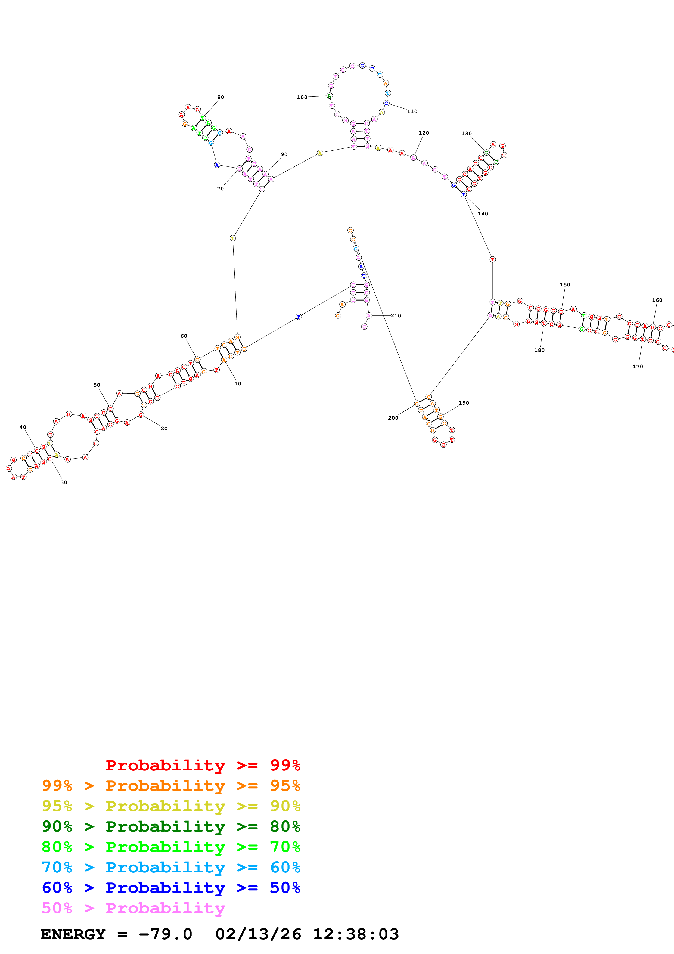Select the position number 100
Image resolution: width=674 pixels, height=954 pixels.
[302, 97]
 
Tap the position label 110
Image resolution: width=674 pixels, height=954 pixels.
[412, 111]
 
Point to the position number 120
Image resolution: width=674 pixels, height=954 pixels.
[424, 133]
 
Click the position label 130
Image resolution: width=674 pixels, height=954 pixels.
[466, 133]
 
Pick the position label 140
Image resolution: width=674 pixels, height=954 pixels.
[483, 213]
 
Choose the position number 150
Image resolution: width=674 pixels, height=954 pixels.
[565, 285]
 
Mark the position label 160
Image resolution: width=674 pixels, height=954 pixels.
[657, 300]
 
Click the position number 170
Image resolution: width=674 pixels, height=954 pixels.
[638, 367]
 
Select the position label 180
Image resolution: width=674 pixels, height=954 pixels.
[539, 350]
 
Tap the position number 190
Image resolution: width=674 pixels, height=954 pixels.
[464, 403]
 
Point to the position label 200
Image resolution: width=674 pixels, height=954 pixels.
[393, 418]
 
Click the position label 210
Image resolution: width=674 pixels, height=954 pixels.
[396, 316]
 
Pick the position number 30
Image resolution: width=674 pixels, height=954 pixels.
[64, 482]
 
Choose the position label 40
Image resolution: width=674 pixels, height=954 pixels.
[23, 427]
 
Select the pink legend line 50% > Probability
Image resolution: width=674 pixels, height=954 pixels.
[133, 908]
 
